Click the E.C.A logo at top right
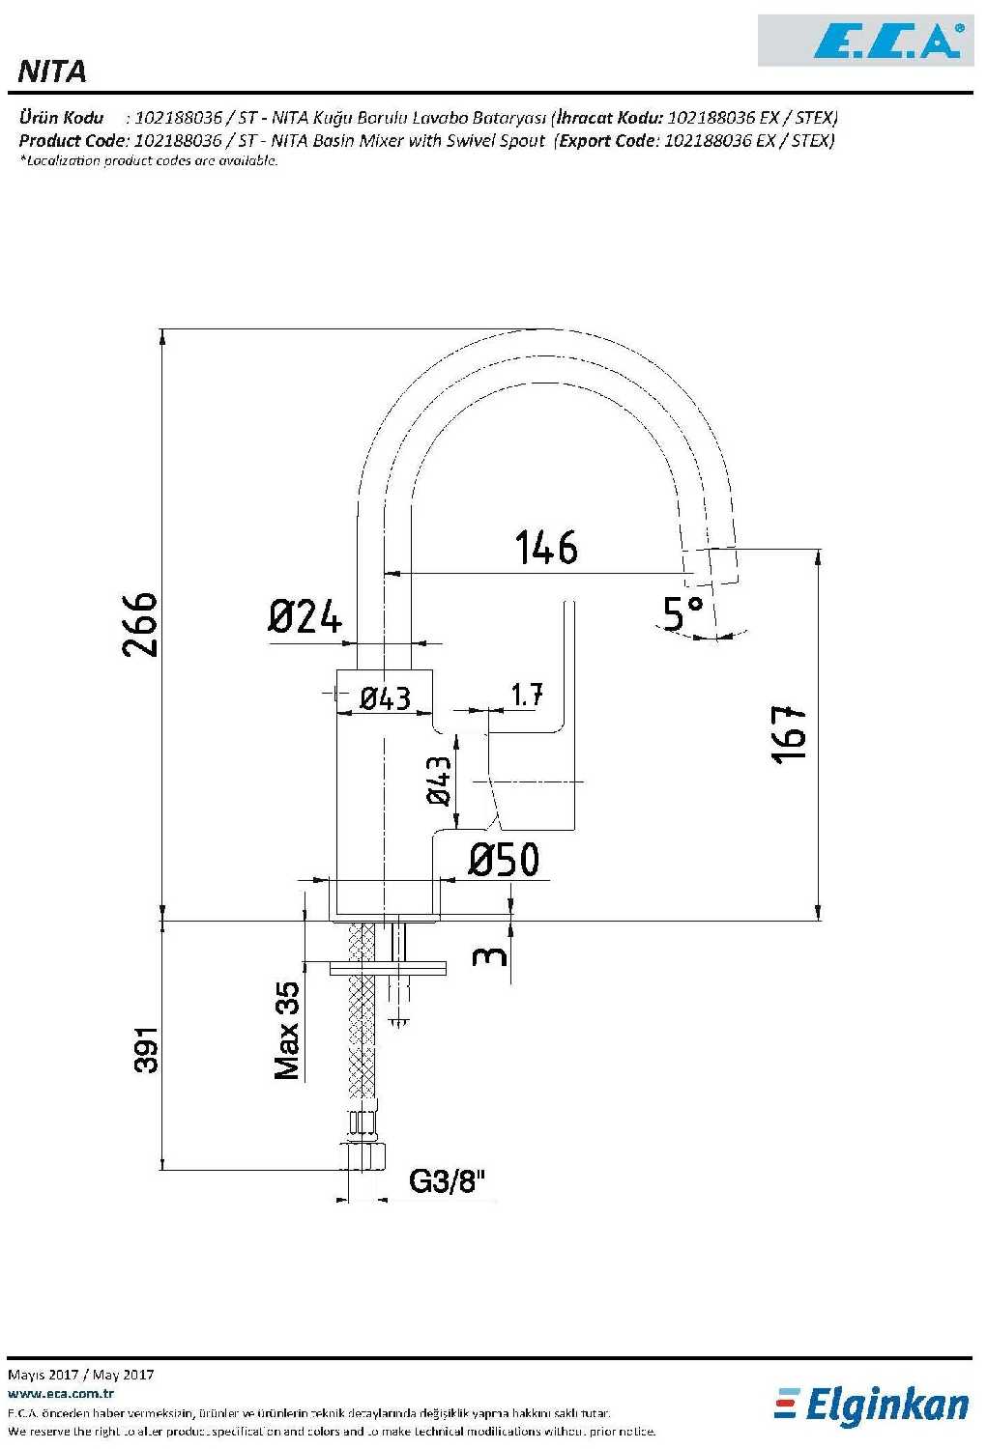pos(866,41)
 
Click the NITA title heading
pos(52,71)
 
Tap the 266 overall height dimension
pos(140,624)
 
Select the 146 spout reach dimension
pos(546,548)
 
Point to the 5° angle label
pos(682,612)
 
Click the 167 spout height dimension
pos(790,735)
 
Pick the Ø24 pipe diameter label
pos(305,616)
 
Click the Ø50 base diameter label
pos(504,860)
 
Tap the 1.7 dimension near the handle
pos(527,695)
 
